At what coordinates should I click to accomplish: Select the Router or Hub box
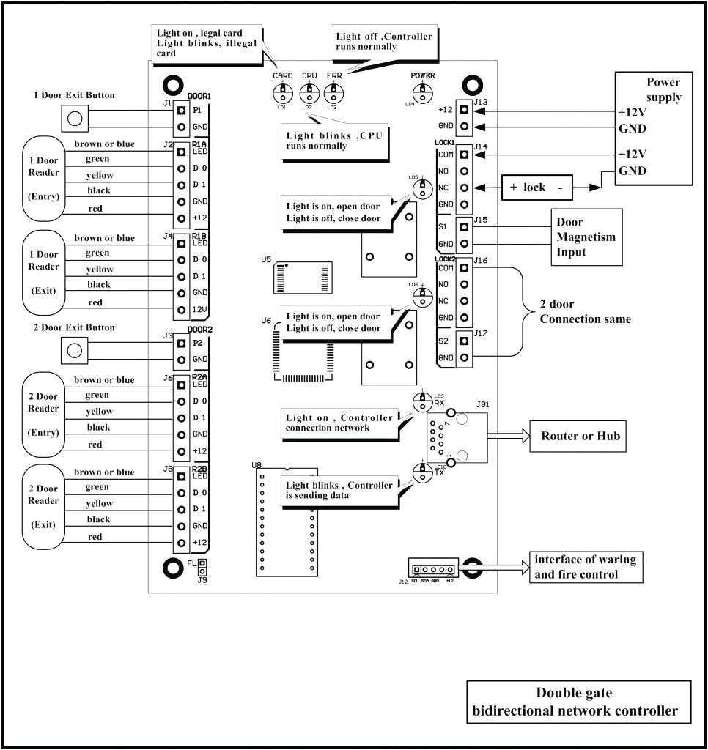click(x=580, y=437)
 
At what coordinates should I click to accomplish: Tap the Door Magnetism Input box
click(x=586, y=237)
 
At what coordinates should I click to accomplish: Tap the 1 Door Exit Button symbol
click(x=73, y=116)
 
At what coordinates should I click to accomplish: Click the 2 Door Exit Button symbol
click(x=73, y=349)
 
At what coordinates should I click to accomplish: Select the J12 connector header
click(x=432, y=568)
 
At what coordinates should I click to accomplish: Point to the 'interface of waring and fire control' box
click(x=585, y=567)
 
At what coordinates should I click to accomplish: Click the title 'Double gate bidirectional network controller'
click(x=578, y=702)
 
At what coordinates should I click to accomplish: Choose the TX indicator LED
click(x=422, y=473)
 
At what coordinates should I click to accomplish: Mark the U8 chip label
click(x=256, y=465)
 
